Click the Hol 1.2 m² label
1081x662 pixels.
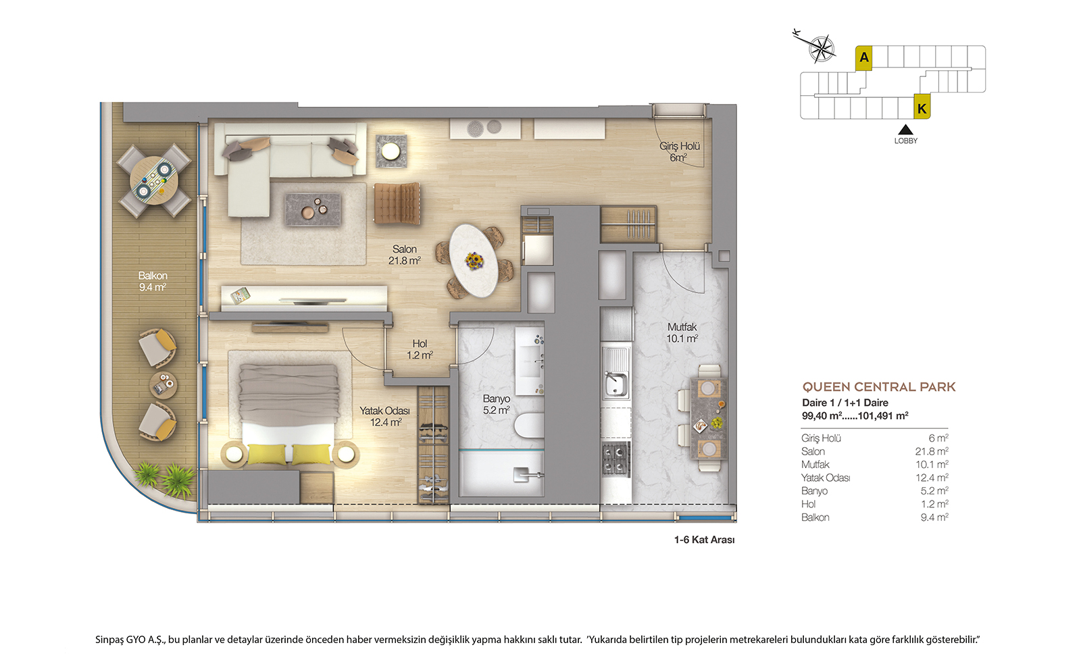pyautogui.click(x=420, y=349)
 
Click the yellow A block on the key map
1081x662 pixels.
pyautogui.click(x=864, y=58)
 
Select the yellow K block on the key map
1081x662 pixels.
pyautogui.click(x=922, y=107)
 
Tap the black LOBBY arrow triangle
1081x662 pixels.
pyautogui.click(x=905, y=130)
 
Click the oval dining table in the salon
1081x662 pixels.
pyautogui.click(x=474, y=261)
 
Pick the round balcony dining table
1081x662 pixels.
pyautogui.click(x=154, y=181)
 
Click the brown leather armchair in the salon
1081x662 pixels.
pyautogui.click(x=397, y=203)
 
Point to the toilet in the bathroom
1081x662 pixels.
pyautogui.click(x=529, y=425)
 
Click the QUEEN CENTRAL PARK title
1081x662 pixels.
pyautogui.click(x=879, y=387)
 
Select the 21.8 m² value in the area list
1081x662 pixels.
pyautogui.click(x=932, y=452)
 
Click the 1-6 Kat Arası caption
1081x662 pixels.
pyautogui.click(x=704, y=540)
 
